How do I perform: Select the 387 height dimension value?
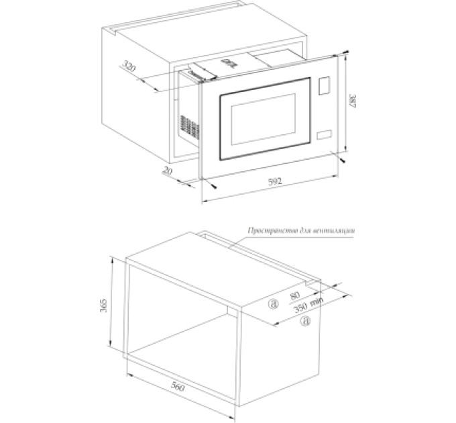point(353,101)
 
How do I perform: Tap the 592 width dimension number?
point(274,181)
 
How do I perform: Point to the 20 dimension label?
point(167,171)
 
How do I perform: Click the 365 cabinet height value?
point(103,305)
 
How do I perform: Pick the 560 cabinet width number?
point(177,386)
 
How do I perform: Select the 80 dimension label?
point(294,296)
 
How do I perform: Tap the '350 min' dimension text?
point(307,305)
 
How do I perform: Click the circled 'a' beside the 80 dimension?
point(273,304)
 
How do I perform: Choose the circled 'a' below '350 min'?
point(305,321)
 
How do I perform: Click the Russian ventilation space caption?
point(301,231)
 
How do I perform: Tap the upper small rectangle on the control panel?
point(324,86)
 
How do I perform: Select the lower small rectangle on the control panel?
point(325,134)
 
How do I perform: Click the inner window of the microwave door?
point(263,119)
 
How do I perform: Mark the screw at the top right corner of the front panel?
point(345,52)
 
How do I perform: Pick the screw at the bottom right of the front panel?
point(343,159)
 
